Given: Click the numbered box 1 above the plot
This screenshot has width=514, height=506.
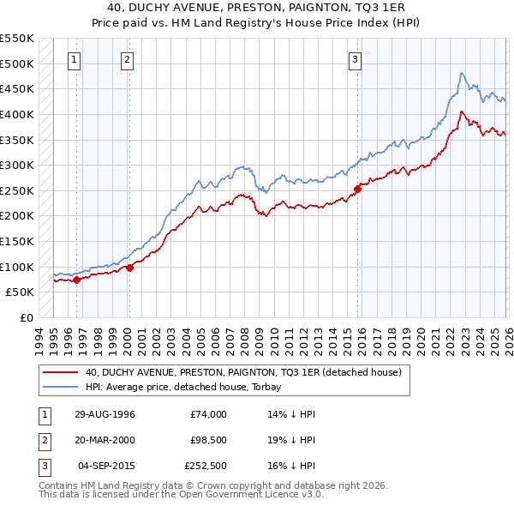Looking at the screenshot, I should (75, 59).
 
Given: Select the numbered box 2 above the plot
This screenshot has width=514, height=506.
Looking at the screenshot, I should (127, 59).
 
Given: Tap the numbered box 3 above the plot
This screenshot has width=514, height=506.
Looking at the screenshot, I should (355, 59).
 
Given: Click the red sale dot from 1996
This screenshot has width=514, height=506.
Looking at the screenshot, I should (77, 279).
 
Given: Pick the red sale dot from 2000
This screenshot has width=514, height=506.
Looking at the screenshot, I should (129, 268).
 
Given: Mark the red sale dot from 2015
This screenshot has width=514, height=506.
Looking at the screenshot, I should (358, 190).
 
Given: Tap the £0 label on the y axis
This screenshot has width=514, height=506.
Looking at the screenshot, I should (26, 317).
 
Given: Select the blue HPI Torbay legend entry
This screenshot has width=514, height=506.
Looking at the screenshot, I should (188, 387).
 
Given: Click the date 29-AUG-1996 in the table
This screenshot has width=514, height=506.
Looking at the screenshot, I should (104, 414).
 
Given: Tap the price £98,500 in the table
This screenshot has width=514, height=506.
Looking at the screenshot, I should (206, 440).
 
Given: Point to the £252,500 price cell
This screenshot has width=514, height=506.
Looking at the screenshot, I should (206, 466).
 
